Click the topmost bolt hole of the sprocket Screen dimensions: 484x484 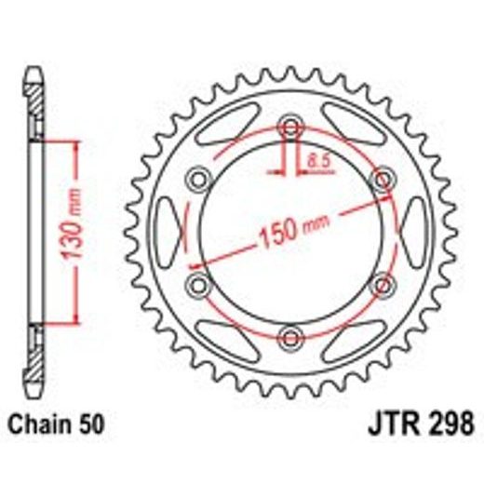[x=289, y=127]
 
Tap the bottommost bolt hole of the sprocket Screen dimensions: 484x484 [x=289, y=334]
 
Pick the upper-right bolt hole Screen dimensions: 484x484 [x=380, y=179]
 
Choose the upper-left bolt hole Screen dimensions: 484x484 [x=199, y=179]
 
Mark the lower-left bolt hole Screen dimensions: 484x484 [x=199, y=283]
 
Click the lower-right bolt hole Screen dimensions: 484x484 [x=380, y=283]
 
